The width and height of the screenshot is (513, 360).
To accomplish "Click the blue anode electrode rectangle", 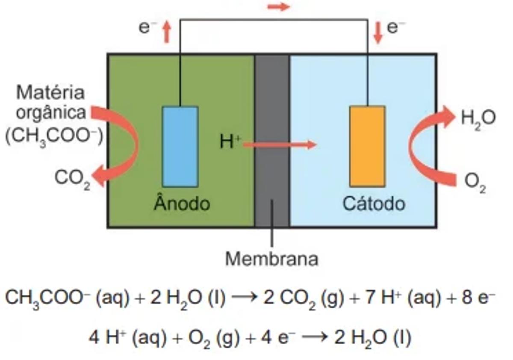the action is point(180,147).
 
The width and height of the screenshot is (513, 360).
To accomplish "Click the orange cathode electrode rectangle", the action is point(367,147).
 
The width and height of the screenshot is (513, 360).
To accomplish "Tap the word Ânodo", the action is point(182,204).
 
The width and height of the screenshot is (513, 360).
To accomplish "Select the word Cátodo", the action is point(373,204).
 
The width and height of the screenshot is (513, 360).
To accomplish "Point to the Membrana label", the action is point(271,259).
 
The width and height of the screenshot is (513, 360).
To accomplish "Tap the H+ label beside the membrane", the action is point(230,142).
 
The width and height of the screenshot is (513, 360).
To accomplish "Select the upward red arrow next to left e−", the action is point(167,32).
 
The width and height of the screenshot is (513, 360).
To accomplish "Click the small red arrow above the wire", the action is point(278,7).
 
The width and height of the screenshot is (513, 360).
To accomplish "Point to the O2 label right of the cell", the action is point(475,183).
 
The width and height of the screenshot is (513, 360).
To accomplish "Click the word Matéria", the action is point(50,92).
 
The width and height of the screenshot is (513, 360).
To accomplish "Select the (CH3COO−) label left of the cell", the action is point(54,136).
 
